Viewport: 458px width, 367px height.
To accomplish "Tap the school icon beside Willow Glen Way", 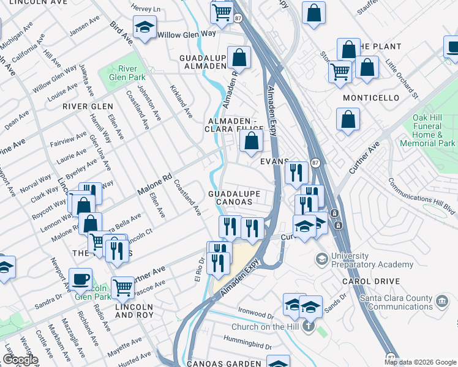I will [145, 27].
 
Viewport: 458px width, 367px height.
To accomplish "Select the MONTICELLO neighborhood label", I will [371, 98].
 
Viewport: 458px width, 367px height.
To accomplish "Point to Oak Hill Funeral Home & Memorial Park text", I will [427, 130].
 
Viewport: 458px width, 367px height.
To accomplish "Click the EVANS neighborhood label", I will [273, 161].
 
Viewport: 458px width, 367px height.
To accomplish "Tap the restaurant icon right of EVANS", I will [296, 171].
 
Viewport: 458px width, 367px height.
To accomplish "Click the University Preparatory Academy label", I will [372, 260].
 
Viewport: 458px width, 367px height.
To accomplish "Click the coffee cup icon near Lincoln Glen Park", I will [80, 279].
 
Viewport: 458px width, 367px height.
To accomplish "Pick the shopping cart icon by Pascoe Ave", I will [123, 286].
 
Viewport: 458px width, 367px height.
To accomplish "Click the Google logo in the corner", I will [20, 360].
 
